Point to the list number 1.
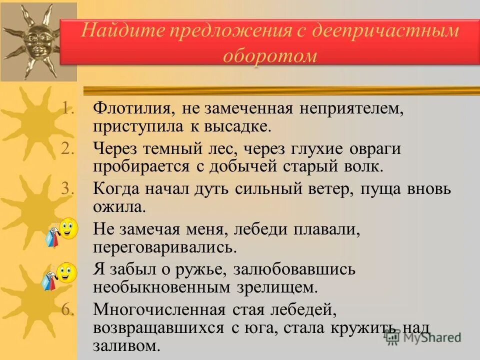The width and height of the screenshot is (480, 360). point(69,108)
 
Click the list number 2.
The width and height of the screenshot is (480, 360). point(68,149)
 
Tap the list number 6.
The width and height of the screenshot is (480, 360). point(68,310)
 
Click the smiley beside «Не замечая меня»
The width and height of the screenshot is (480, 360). point(67,229)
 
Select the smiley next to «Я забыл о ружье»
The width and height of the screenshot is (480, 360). point(66,272)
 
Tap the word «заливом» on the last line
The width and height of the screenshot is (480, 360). point(126,345)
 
